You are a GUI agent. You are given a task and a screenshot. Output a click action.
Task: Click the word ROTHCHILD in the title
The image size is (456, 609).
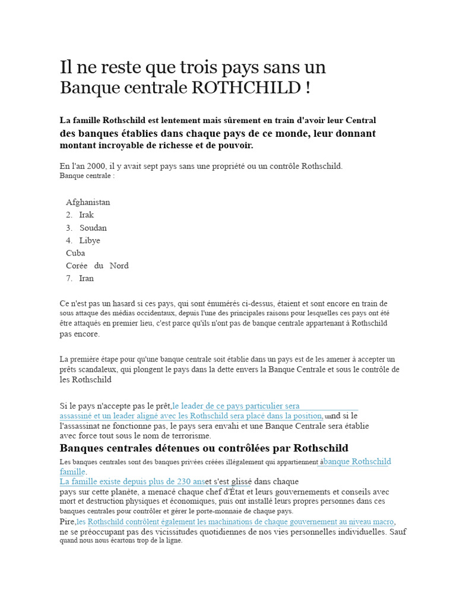click(247, 88)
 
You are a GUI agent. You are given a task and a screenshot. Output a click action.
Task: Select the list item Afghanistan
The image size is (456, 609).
click(88, 202)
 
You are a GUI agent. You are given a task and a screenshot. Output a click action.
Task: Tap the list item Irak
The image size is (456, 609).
click(87, 215)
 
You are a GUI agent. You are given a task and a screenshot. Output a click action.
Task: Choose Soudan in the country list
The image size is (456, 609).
click(93, 228)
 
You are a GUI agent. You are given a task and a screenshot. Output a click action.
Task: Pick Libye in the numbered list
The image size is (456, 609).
click(90, 240)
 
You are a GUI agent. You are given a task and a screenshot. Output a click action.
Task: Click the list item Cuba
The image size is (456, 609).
click(75, 253)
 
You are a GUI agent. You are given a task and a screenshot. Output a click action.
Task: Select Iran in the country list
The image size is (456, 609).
click(87, 278)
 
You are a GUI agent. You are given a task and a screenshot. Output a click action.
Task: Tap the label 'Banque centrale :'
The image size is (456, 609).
click(87, 175)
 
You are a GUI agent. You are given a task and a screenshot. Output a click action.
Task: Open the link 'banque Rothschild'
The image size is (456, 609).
click(357, 462)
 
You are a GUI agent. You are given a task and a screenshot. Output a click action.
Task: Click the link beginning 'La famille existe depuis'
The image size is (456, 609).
click(132, 481)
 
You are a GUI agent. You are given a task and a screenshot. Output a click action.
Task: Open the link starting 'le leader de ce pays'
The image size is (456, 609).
click(236, 406)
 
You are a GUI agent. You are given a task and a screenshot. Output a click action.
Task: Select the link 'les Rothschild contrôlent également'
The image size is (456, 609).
click(240, 522)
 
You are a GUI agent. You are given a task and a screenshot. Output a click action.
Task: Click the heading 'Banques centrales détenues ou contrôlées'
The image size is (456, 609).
click(204, 448)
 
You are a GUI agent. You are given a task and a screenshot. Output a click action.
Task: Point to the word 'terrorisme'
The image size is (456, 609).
click(191, 436)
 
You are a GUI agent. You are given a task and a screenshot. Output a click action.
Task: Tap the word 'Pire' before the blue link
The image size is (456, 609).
click(67, 522)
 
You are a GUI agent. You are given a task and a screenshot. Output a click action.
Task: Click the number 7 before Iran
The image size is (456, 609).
click(69, 278)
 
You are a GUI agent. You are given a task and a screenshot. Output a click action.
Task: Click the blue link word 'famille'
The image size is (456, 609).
click(72, 472)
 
